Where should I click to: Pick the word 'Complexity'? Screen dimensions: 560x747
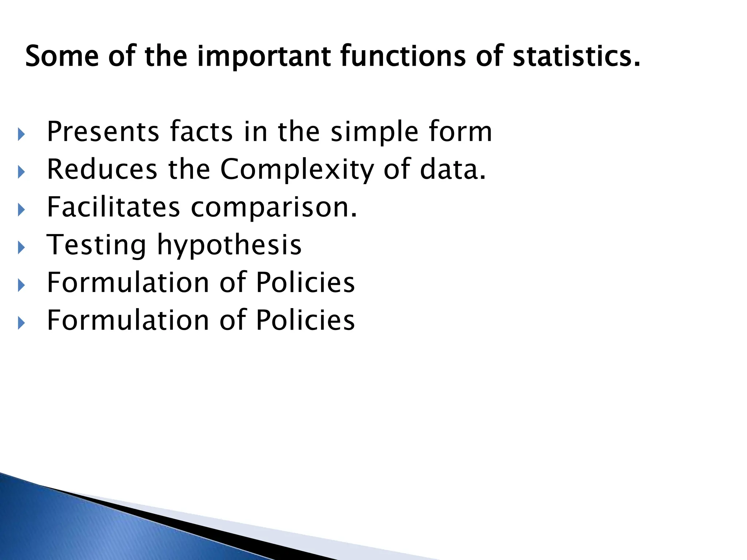coord(297,170)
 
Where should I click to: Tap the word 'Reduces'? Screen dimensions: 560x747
coord(102,170)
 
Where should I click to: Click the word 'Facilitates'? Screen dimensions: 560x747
coord(113,207)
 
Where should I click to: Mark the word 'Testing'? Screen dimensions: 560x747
coord(96,245)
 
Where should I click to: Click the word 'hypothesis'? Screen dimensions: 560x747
coord(229,245)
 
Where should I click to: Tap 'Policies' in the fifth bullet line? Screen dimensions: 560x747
coord(305,283)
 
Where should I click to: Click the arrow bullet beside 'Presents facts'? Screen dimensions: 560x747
coord(21,135)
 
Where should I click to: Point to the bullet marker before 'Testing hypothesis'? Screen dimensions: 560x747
coord(21,248)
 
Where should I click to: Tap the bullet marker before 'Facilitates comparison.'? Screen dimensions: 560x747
coord(21,210)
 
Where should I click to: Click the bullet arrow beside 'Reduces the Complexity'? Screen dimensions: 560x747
coord(21,172)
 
